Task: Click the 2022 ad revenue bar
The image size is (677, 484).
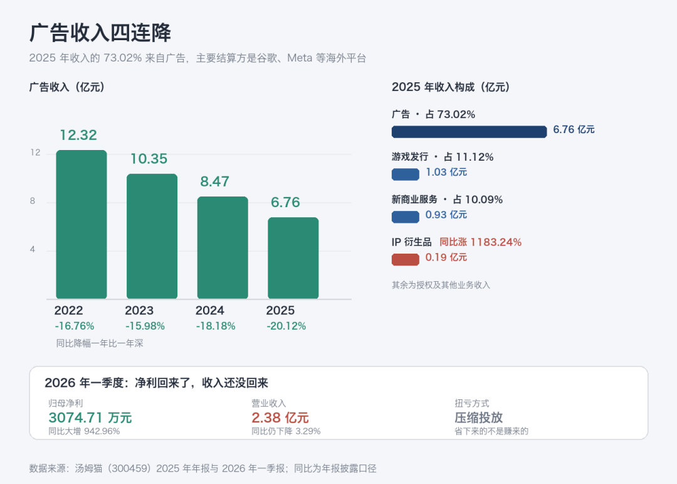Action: (x=81, y=225)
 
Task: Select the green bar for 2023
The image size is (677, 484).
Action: (x=152, y=236)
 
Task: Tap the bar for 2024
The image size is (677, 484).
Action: (x=223, y=248)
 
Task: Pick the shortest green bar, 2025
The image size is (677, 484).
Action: (x=293, y=258)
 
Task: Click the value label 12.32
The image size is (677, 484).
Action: (x=78, y=135)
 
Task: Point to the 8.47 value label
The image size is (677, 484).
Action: (x=214, y=181)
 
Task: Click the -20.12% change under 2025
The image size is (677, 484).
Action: (x=286, y=326)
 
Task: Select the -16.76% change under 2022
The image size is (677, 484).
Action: (x=74, y=326)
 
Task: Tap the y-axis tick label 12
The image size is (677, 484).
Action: (x=35, y=153)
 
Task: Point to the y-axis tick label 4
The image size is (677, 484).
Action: (x=33, y=250)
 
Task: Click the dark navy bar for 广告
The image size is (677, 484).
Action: (x=470, y=132)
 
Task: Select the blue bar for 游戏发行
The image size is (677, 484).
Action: (x=406, y=175)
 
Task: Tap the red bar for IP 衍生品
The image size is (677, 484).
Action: (x=406, y=259)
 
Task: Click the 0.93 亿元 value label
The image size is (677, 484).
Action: (x=446, y=215)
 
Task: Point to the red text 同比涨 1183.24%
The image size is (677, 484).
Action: (x=481, y=242)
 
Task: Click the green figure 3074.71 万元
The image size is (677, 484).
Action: (x=90, y=418)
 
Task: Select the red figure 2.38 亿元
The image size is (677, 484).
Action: (x=280, y=418)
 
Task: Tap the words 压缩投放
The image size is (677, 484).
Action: (x=479, y=418)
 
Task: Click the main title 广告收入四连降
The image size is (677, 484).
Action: (x=100, y=33)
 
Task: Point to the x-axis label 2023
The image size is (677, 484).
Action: (x=139, y=311)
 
